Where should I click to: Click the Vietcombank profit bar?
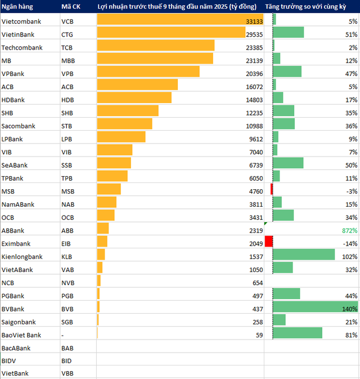[x=180, y=21]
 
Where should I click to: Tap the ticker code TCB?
[x=67, y=47]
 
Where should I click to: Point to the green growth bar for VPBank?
[x=287, y=73]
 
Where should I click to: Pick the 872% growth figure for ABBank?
[x=349, y=230]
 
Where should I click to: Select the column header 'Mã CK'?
[x=70, y=7]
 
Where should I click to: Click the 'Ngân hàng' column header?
[x=16, y=7]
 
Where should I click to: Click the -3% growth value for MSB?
[x=352, y=191]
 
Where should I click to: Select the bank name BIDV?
[x=10, y=361]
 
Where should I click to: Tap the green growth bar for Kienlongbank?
[x=296, y=256]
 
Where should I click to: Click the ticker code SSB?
[x=67, y=165]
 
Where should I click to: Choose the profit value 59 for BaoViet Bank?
[x=259, y=335]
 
